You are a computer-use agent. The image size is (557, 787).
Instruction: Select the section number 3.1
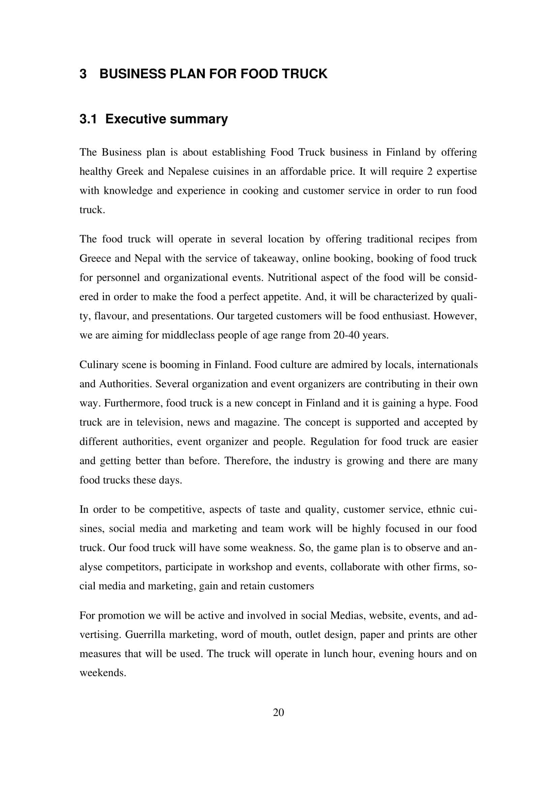[x=88, y=119]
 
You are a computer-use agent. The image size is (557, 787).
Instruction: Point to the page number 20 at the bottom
[x=278, y=712]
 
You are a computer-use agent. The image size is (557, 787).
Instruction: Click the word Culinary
[x=98, y=364]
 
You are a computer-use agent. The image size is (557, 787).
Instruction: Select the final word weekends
[x=103, y=673]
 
